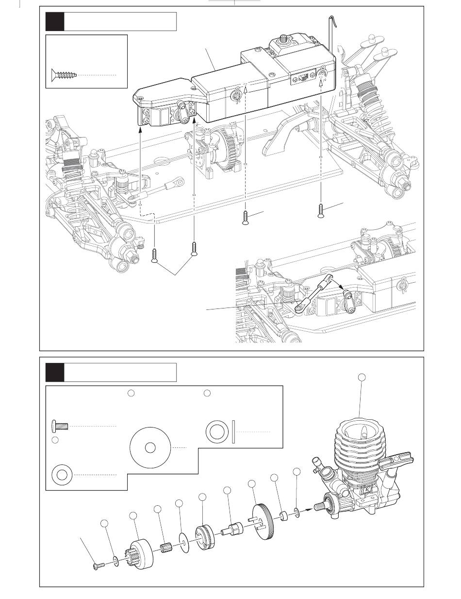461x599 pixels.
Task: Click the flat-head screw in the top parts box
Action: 64,75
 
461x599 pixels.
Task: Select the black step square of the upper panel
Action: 54,22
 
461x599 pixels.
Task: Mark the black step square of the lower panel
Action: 54,373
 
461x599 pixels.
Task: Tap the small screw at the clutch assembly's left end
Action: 98,566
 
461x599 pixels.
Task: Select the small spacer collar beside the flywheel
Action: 282,514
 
